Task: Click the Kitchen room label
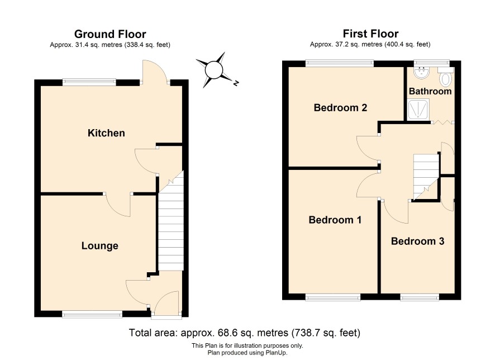tap(106, 133)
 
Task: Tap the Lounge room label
tap(100, 246)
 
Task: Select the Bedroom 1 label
tap(335, 220)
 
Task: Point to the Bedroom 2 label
tap(340, 108)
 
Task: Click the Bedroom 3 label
tap(417, 241)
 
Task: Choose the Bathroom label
tap(430, 91)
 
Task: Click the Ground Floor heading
tap(110, 34)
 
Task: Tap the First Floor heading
tap(370, 34)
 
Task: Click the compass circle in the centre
tap(214, 70)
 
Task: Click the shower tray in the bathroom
tap(418, 109)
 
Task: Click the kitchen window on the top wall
tap(89, 82)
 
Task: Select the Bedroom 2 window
tap(340, 63)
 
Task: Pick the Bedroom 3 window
tap(420, 297)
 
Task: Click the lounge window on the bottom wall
tap(92, 314)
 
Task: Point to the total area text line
tap(245, 333)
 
